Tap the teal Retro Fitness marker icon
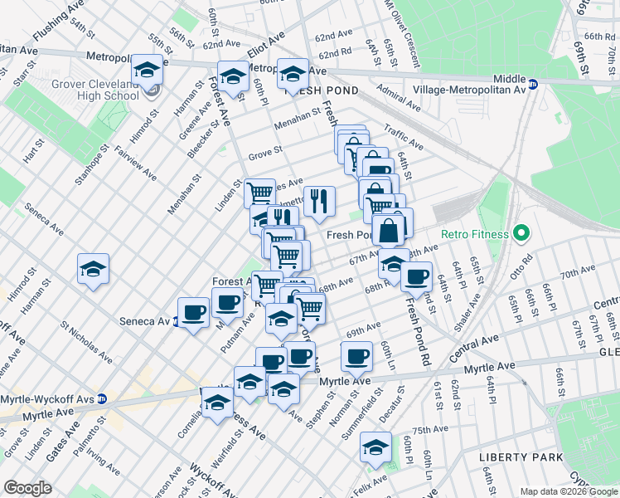click(520, 234)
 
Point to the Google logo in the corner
click(27, 487)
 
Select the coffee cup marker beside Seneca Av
click(193, 312)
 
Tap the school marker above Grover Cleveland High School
click(148, 69)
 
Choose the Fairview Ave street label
click(136, 164)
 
